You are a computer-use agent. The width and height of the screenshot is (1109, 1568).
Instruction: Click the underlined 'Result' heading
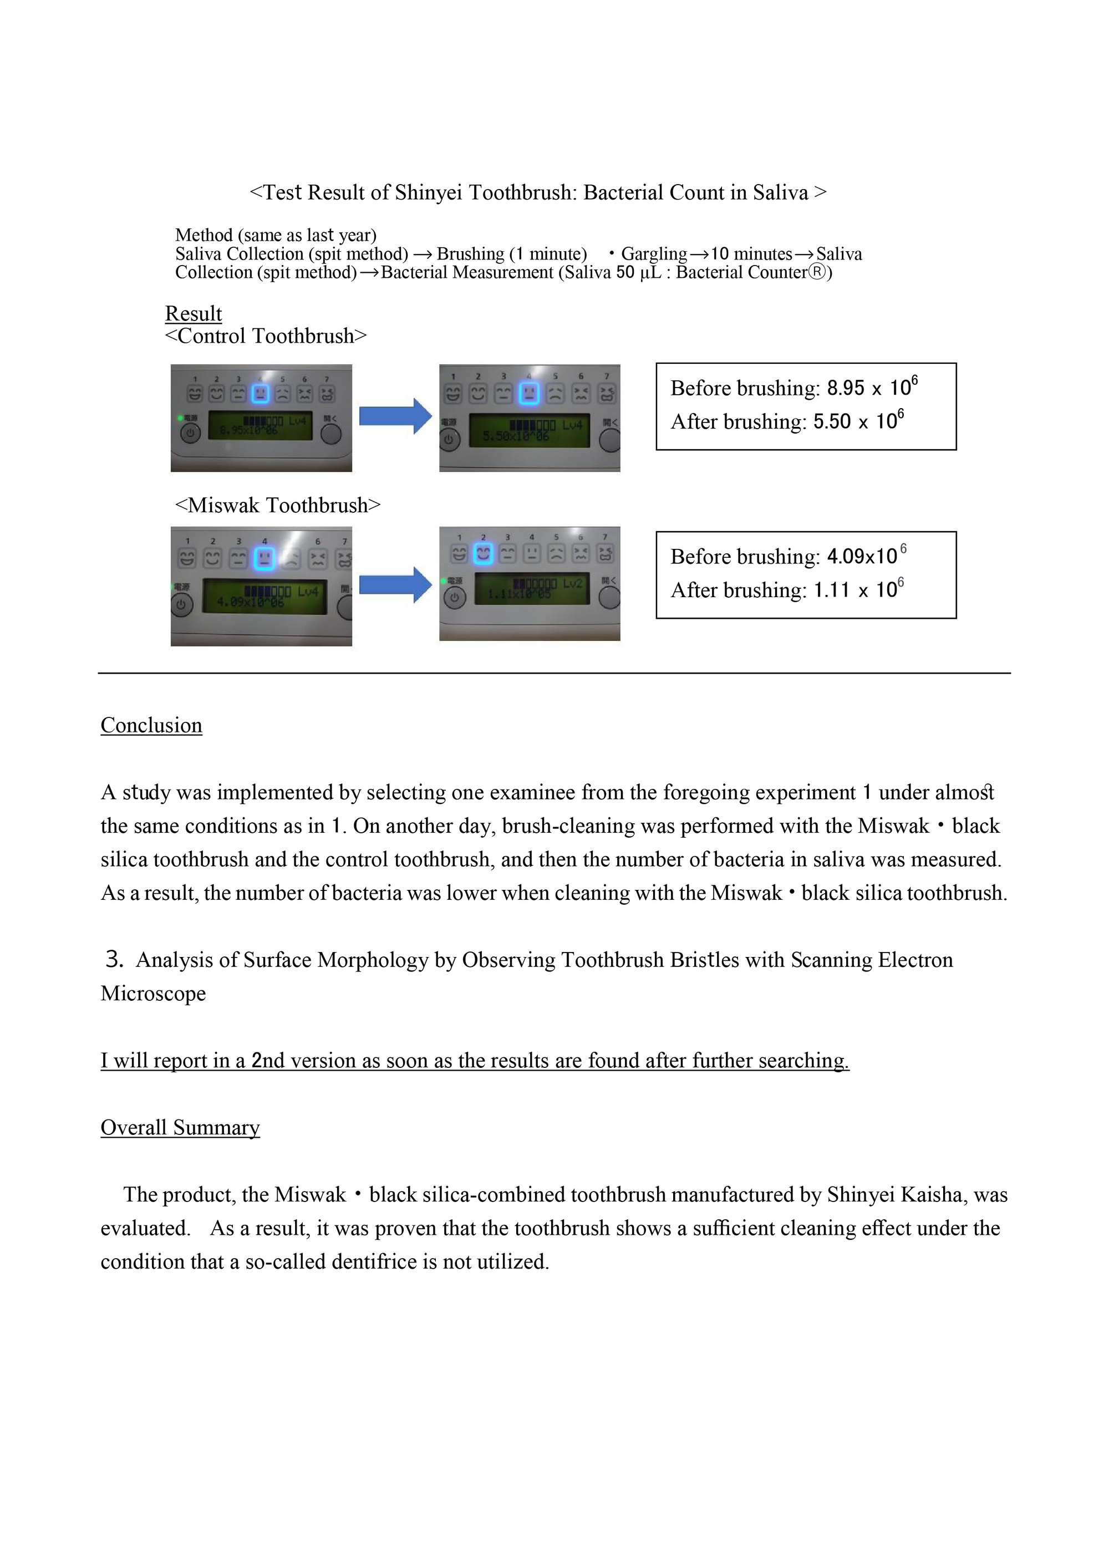(x=194, y=313)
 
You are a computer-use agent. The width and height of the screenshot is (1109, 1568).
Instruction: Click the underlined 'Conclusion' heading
(x=151, y=725)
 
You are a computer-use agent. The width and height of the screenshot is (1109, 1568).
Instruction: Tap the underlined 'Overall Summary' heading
(x=180, y=1128)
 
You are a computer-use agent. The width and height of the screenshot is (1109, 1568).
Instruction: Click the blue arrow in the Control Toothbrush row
(x=395, y=415)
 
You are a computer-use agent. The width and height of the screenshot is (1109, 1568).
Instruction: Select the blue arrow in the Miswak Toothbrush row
(x=395, y=584)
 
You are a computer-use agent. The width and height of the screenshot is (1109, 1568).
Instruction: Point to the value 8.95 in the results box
(x=846, y=389)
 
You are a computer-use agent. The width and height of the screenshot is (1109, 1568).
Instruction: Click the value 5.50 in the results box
(x=832, y=422)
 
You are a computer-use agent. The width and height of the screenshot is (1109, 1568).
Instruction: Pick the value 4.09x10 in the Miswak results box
(x=862, y=557)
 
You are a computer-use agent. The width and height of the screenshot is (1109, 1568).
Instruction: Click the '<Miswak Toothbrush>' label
(x=277, y=505)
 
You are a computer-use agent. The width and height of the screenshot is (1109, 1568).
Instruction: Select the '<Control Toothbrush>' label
(x=266, y=336)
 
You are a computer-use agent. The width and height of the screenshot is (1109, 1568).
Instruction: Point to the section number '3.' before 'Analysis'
(x=114, y=960)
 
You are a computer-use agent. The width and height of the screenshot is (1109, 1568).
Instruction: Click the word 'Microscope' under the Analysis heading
(x=153, y=994)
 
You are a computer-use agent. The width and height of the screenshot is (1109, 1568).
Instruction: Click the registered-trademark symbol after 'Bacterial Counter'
(x=817, y=272)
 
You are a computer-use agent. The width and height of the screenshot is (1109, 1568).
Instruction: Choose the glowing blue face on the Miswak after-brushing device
(x=483, y=554)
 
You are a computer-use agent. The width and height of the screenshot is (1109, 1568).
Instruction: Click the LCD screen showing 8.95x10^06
(x=260, y=425)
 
